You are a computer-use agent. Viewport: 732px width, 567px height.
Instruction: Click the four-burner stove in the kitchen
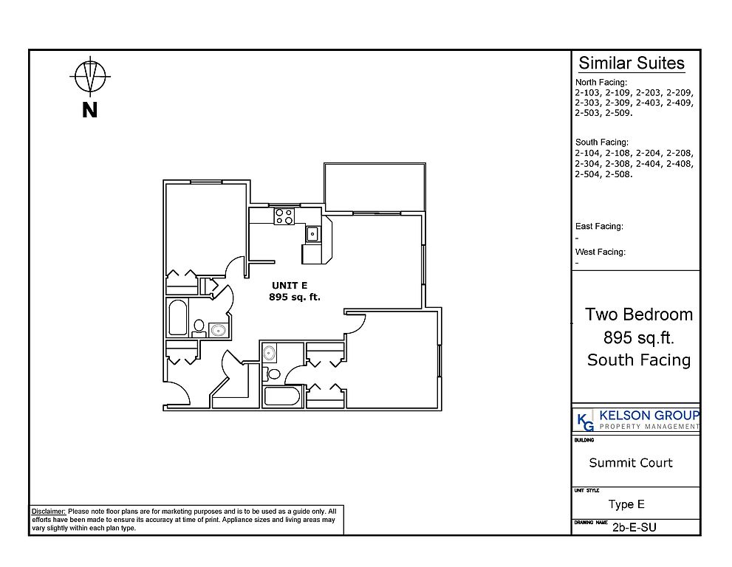click(x=284, y=216)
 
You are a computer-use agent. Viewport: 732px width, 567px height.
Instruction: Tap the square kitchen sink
click(x=312, y=233)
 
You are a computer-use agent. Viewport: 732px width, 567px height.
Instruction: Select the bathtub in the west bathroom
click(x=178, y=317)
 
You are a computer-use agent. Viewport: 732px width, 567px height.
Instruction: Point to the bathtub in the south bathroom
click(x=281, y=396)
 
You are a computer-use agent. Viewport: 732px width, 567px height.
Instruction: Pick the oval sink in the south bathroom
click(x=269, y=352)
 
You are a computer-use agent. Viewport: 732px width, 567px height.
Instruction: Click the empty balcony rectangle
click(x=375, y=187)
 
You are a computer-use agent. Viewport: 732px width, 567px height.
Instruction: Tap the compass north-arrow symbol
click(x=91, y=76)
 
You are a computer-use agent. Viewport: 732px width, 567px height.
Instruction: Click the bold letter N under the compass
click(x=89, y=110)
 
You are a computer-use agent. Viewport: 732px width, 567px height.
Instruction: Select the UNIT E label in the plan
click(x=290, y=286)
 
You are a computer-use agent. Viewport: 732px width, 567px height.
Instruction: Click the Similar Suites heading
click(x=631, y=63)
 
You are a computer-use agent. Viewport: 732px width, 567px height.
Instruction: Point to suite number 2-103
click(x=587, y=92)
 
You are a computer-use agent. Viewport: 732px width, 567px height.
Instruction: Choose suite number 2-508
click(x=619, y=174)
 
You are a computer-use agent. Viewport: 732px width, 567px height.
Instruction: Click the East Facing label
click(x=599, y=227)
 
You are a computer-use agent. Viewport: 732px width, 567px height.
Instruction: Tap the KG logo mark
click(x=586, y=422)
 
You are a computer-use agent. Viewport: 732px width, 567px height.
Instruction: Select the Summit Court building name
click(x=631, y=462)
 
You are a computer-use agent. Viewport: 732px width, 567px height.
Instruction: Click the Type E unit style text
click(x=626, y=504)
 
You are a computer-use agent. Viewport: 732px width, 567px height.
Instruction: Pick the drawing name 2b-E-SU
click(x=634, y=527)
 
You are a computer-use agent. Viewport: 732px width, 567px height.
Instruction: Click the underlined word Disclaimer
click(x=49, y=512)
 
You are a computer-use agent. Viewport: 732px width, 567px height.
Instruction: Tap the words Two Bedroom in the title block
click(x=639, y=315)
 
